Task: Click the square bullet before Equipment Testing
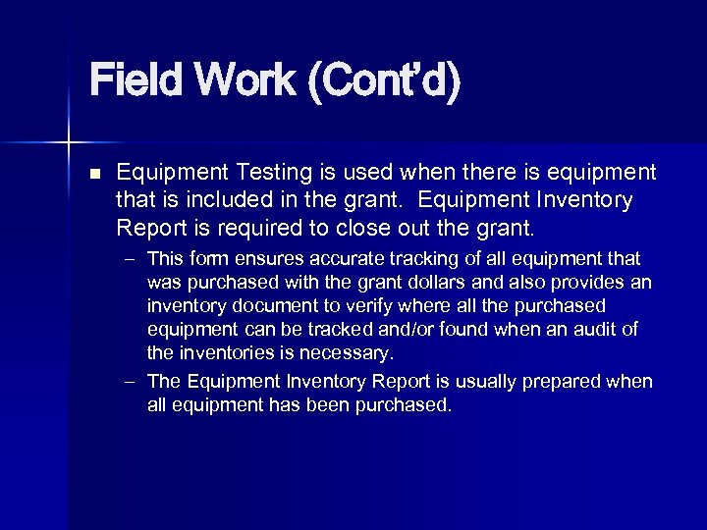tap(95, 174)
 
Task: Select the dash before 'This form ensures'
tap(130, 259)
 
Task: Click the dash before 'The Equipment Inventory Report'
tap(130, 382)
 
